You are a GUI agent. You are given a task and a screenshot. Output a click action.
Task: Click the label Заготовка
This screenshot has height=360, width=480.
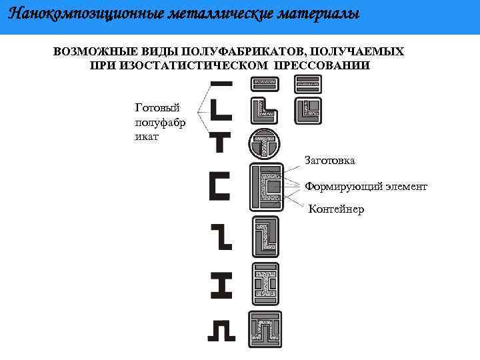coord(329,161)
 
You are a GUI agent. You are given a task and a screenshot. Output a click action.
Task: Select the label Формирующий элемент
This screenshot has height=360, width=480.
coord(365,187)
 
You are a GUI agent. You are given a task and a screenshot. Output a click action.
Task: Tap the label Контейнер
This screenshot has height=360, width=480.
coord(336,209)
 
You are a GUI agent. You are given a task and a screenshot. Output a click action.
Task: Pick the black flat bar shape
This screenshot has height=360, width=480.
coord(221,83)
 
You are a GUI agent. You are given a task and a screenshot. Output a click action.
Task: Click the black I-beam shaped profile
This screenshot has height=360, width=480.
coord(221,285)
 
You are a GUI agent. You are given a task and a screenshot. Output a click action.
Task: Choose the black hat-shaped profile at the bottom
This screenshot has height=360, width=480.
coord(221,330)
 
